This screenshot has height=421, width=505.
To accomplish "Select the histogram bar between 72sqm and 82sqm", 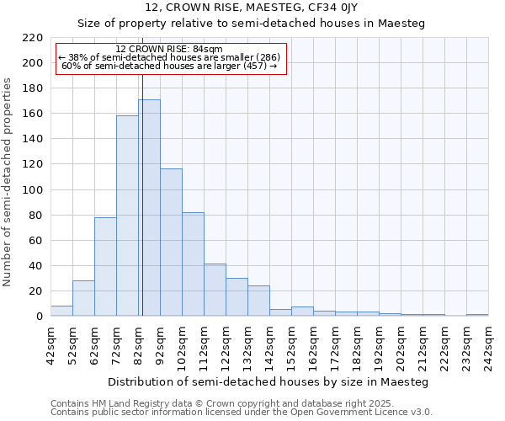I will (127, 216).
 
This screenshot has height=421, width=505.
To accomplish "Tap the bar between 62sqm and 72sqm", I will (105, 266).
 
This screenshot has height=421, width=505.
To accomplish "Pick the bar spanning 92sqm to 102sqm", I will (171, 242).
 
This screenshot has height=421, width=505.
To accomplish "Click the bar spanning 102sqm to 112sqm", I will (193, 264).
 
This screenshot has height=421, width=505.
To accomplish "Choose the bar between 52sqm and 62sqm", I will (83, 298).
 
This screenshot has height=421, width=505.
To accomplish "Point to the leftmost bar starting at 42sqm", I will (61, 311).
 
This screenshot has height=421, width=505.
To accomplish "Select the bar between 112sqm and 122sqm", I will (215, 290).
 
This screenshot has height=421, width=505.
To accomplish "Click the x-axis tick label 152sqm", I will (291, 346).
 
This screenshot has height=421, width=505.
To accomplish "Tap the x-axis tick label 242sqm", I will (488, 346).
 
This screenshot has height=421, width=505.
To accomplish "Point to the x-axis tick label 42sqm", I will (50, 346).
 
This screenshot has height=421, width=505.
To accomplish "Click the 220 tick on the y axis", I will (33, 38).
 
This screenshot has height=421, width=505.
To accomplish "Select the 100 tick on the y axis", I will (33, 190).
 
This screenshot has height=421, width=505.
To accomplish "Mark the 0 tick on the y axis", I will (40, 317).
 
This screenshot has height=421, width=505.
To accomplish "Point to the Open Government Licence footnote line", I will (242, 412).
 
